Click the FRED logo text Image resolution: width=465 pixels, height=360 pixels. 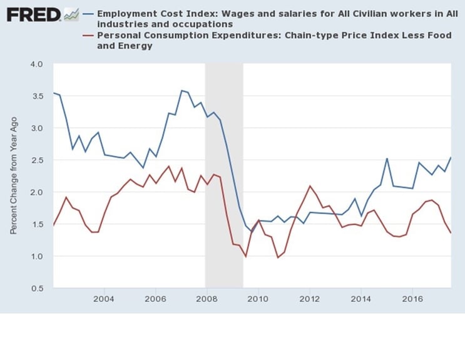[x=33, y=13]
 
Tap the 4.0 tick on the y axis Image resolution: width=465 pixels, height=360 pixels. [x=35, y=64]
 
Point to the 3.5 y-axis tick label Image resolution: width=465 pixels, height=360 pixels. [x=35, y=96]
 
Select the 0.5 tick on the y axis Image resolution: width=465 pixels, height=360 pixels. [x=35, y=288]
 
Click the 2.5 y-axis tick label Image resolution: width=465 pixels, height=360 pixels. [x=35, y=160]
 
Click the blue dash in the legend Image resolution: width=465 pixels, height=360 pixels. [x=88, y=14]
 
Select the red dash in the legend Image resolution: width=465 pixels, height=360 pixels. [x=88, y=36]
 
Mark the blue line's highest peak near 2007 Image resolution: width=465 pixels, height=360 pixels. [x=181, y=91]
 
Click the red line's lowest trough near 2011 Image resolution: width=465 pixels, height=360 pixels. [x=278, y=257]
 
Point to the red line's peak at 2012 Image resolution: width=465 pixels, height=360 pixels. [x=309, y=186]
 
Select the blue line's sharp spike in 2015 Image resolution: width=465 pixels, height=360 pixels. [x=387, y=158]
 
